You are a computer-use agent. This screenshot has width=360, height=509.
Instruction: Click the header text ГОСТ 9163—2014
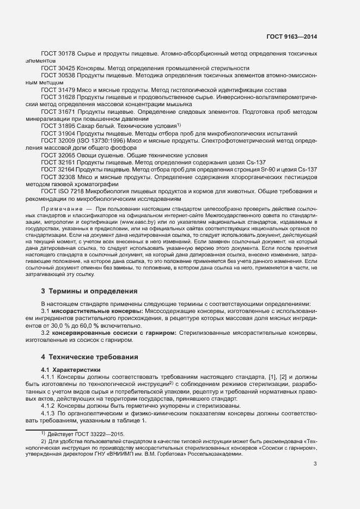291,36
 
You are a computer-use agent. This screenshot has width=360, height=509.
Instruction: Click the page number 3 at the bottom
315,464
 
